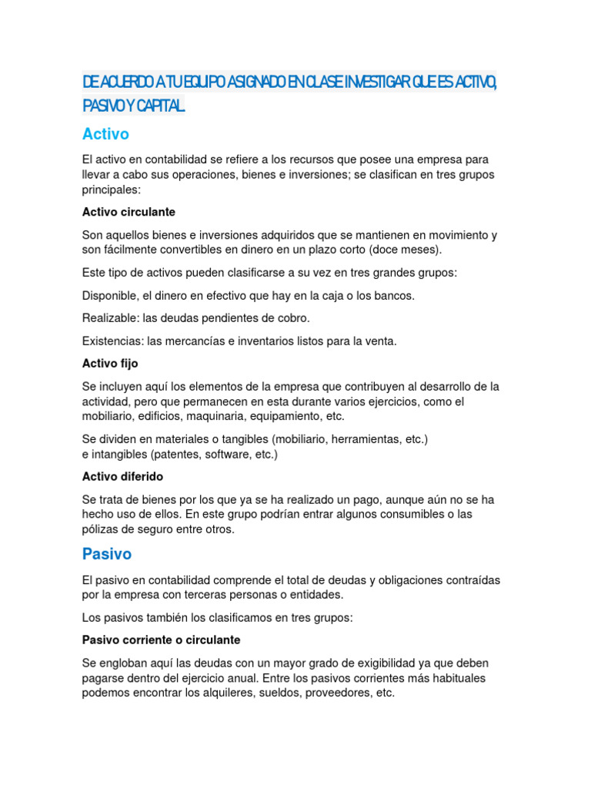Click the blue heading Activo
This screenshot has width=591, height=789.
click(105, 134)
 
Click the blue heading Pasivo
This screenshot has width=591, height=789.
click(107, 554)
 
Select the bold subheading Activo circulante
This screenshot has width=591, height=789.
click(129, 211)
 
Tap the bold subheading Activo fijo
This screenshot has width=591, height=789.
click(110, 363)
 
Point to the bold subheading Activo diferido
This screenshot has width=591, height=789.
click(122, 476)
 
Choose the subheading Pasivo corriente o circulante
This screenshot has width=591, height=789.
click(161, 640)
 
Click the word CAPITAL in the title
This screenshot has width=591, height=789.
click(160, 106)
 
